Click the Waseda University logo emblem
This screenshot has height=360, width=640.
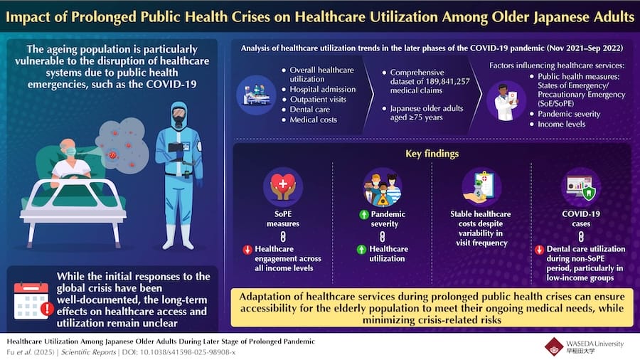pyautogui.click(x=554, y=346)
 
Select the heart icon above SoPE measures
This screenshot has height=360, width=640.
pyautogui.click(x=282, y=188)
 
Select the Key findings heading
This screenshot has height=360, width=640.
pyautogui.click(x=431, y=154)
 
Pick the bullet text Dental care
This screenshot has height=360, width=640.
pyautogui.click(x=310, y=110)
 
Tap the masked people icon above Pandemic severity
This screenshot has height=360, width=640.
pyautogui.click(x=383, y=188)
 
